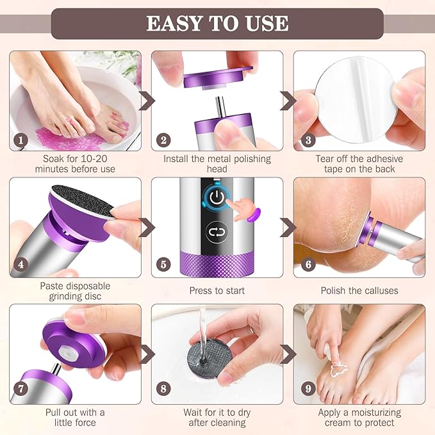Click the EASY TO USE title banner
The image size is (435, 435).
click(217, 24)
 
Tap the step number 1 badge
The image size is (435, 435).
click(21, 140)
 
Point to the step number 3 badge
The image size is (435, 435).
click(307, 140)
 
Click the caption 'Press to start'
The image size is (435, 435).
click(217, 290)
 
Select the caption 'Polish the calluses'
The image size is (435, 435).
click(359, 290)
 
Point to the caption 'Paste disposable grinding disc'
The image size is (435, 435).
click(74, 291)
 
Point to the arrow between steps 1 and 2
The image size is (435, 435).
click(147, 101)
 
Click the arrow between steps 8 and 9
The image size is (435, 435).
click(288, 354)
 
